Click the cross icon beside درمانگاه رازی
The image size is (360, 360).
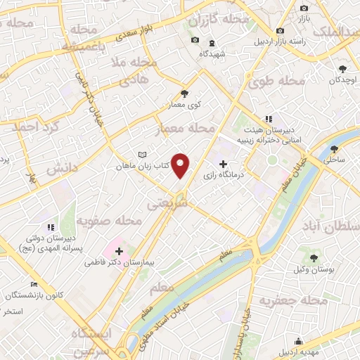tap(224, 163)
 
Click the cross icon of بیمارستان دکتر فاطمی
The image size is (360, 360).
tap(119, 250)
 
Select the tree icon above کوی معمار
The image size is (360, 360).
tap(184, 93)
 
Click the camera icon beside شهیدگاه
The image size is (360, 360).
tap(195, 40)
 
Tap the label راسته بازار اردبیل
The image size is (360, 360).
tap(281, 41)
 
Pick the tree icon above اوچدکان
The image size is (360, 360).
tap(342, 69)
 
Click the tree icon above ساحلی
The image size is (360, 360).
tap(334, 149)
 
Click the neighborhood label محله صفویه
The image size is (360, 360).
tap(110, 221)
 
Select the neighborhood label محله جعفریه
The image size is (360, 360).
tap(294, 301)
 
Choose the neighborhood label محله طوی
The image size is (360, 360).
tap(276, 82)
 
